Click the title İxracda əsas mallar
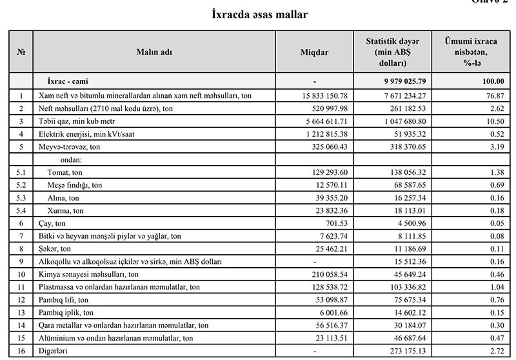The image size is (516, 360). [259, 14]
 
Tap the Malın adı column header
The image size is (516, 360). [154, 52]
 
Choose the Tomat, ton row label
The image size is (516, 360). [66, 172]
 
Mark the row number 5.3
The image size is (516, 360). [20, 198]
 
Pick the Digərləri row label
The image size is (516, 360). [54, 351]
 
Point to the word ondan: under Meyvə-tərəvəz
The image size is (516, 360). [63, 159]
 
